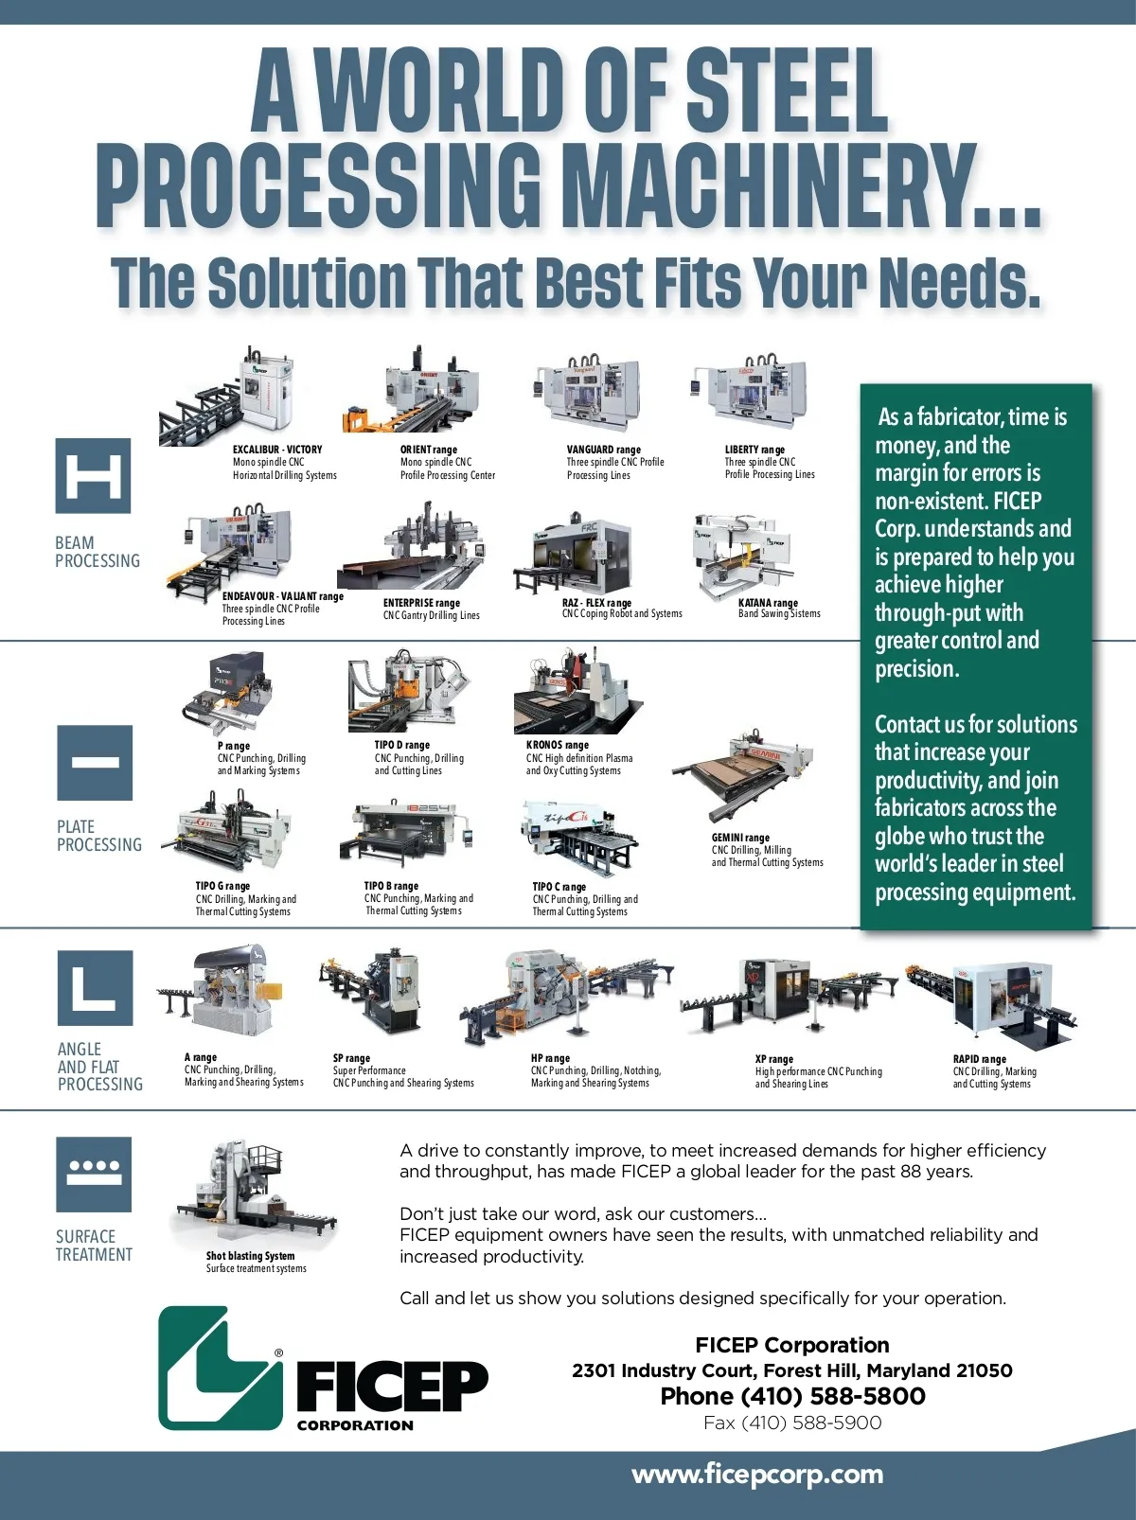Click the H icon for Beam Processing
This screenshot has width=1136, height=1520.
point(93,476)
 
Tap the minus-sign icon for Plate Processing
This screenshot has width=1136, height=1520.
point(95,763)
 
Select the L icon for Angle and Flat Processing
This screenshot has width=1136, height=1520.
point(95,987)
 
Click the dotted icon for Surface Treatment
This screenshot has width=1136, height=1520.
point(94,1174)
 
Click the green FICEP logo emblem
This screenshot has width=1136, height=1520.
point(221,1368)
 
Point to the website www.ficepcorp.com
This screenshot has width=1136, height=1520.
point(757,1475)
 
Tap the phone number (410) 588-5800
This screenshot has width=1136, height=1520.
point(833,1396)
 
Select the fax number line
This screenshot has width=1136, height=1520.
point(792,1423)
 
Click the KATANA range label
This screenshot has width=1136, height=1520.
point(768,603)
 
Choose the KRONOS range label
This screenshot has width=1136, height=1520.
point(557,745)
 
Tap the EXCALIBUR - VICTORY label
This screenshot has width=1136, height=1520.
point(277,450)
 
